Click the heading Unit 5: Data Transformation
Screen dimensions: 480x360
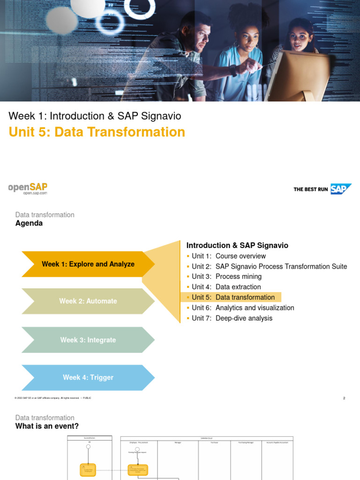coord(97,132)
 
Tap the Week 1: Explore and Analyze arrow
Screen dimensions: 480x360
coord(88,264)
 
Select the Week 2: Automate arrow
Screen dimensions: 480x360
coord(88,301)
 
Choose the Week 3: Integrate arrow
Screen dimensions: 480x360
coord(88,340)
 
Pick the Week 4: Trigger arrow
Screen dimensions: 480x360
coord(88,377)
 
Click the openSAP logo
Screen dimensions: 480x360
coord(28,188)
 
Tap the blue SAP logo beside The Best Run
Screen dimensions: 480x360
coord(340,189)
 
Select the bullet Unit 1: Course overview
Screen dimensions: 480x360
coord(228,256)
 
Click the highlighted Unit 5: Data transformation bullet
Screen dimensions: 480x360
coord(233,297)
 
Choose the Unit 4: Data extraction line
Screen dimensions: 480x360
coord(226,287)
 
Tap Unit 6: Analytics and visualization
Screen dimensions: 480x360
coord(243,307)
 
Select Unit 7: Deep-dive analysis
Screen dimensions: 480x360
coord(232,318)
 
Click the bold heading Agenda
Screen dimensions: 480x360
coord(29,224)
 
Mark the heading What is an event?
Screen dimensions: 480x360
coord(47,426)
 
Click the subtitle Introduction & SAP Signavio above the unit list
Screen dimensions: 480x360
coord(237,245)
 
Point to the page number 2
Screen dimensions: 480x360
coord(344,398)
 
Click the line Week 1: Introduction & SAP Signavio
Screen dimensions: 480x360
coord(95,116)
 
